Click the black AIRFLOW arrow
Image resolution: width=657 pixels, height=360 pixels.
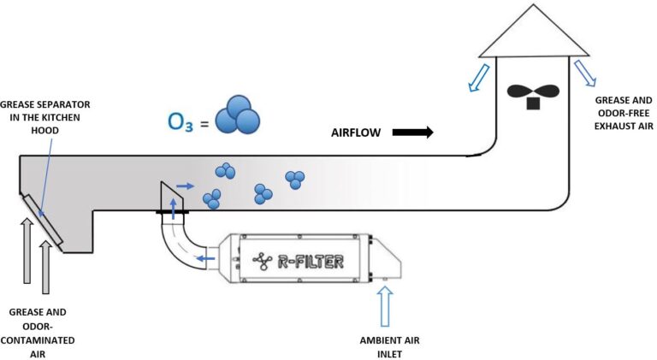pyautogui.click(x=412, y=133)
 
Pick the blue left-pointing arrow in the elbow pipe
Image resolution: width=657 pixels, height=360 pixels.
pyautogui.click(x=203, y=257)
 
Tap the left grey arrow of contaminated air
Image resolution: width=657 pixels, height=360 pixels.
pyautogui.click(x=27, y=249)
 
